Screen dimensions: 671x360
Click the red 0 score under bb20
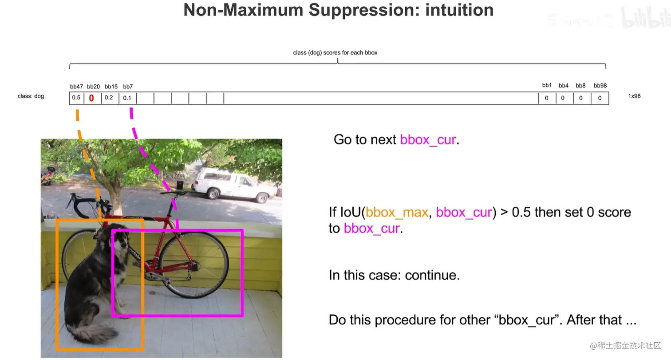pyautogui.click(x=91, y=98)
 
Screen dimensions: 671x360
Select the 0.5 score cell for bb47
pyautogui.click(x=76, y=98)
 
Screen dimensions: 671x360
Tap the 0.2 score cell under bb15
pyautogui.click(x=110, y=98)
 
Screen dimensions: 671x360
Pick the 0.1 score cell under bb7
pyautogui.click(x=128, y=98)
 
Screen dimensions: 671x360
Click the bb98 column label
pyautogui.click(x=600, y=86)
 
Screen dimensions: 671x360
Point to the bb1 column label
pyautogui.click(x=547, y=85)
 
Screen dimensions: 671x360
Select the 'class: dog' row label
pyautogui.click(x=31, y=96)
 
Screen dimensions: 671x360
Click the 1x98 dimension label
pyautogui.click(x=634, y=96)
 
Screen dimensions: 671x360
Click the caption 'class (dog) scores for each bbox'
pyautogui.click(x=335, y=53)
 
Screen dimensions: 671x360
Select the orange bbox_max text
pyautogui.click(x=397, y=213)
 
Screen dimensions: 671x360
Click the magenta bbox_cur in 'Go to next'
pyautogui.click(x=428, y=140)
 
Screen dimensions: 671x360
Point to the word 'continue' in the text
pyautogui.click(x=431, y=275)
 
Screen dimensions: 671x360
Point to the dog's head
pyautogui.click(x=113, y=237)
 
